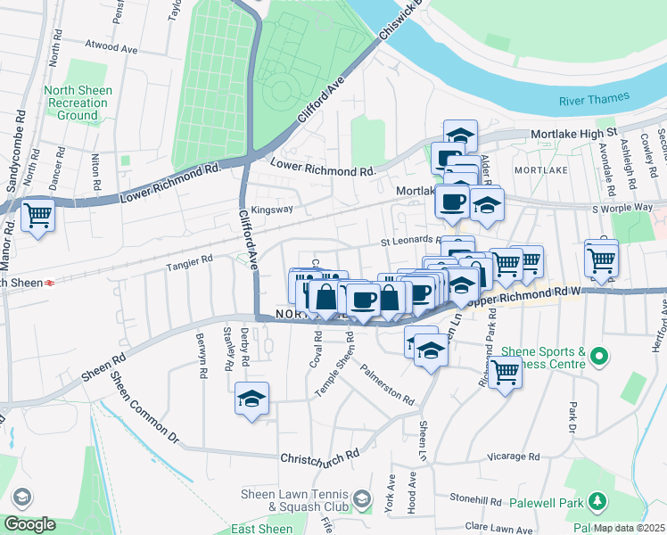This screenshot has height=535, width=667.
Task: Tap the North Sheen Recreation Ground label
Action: coord(78,103)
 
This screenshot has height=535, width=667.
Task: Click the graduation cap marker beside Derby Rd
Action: coord(252,399)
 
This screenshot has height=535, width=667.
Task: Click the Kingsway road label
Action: coord(271,210)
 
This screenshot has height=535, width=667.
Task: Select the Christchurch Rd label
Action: coord(319,456)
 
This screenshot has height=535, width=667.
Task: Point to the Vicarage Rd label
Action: coord(515,457)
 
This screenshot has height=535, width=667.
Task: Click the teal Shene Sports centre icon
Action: coord(599,358)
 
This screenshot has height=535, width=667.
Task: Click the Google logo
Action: coord(29,524)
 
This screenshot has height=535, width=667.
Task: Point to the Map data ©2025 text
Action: coord(630,528)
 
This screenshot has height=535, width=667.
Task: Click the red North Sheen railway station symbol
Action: coord(51,283)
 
